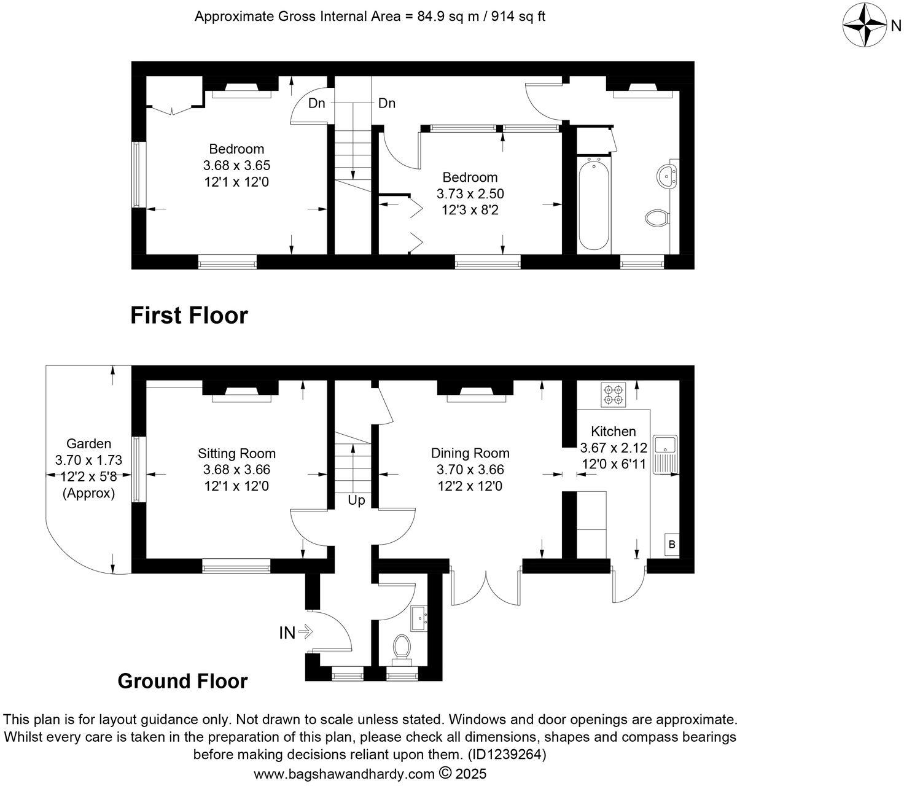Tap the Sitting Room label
(x=236, y=454)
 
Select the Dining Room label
(x=470, y=454)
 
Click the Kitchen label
(x=613, y=431)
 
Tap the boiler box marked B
(x=672, y=544)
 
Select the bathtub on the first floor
(x=594, y=204)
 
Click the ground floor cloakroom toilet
(x=402, y=648)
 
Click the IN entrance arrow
(x=297, y=632)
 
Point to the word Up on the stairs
(x=356, y=500)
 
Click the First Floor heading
(x=189, y=316)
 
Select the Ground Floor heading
(x=182, y=681)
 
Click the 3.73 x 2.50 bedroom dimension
(x=470, y=193)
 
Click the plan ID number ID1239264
(x=505, y=753)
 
